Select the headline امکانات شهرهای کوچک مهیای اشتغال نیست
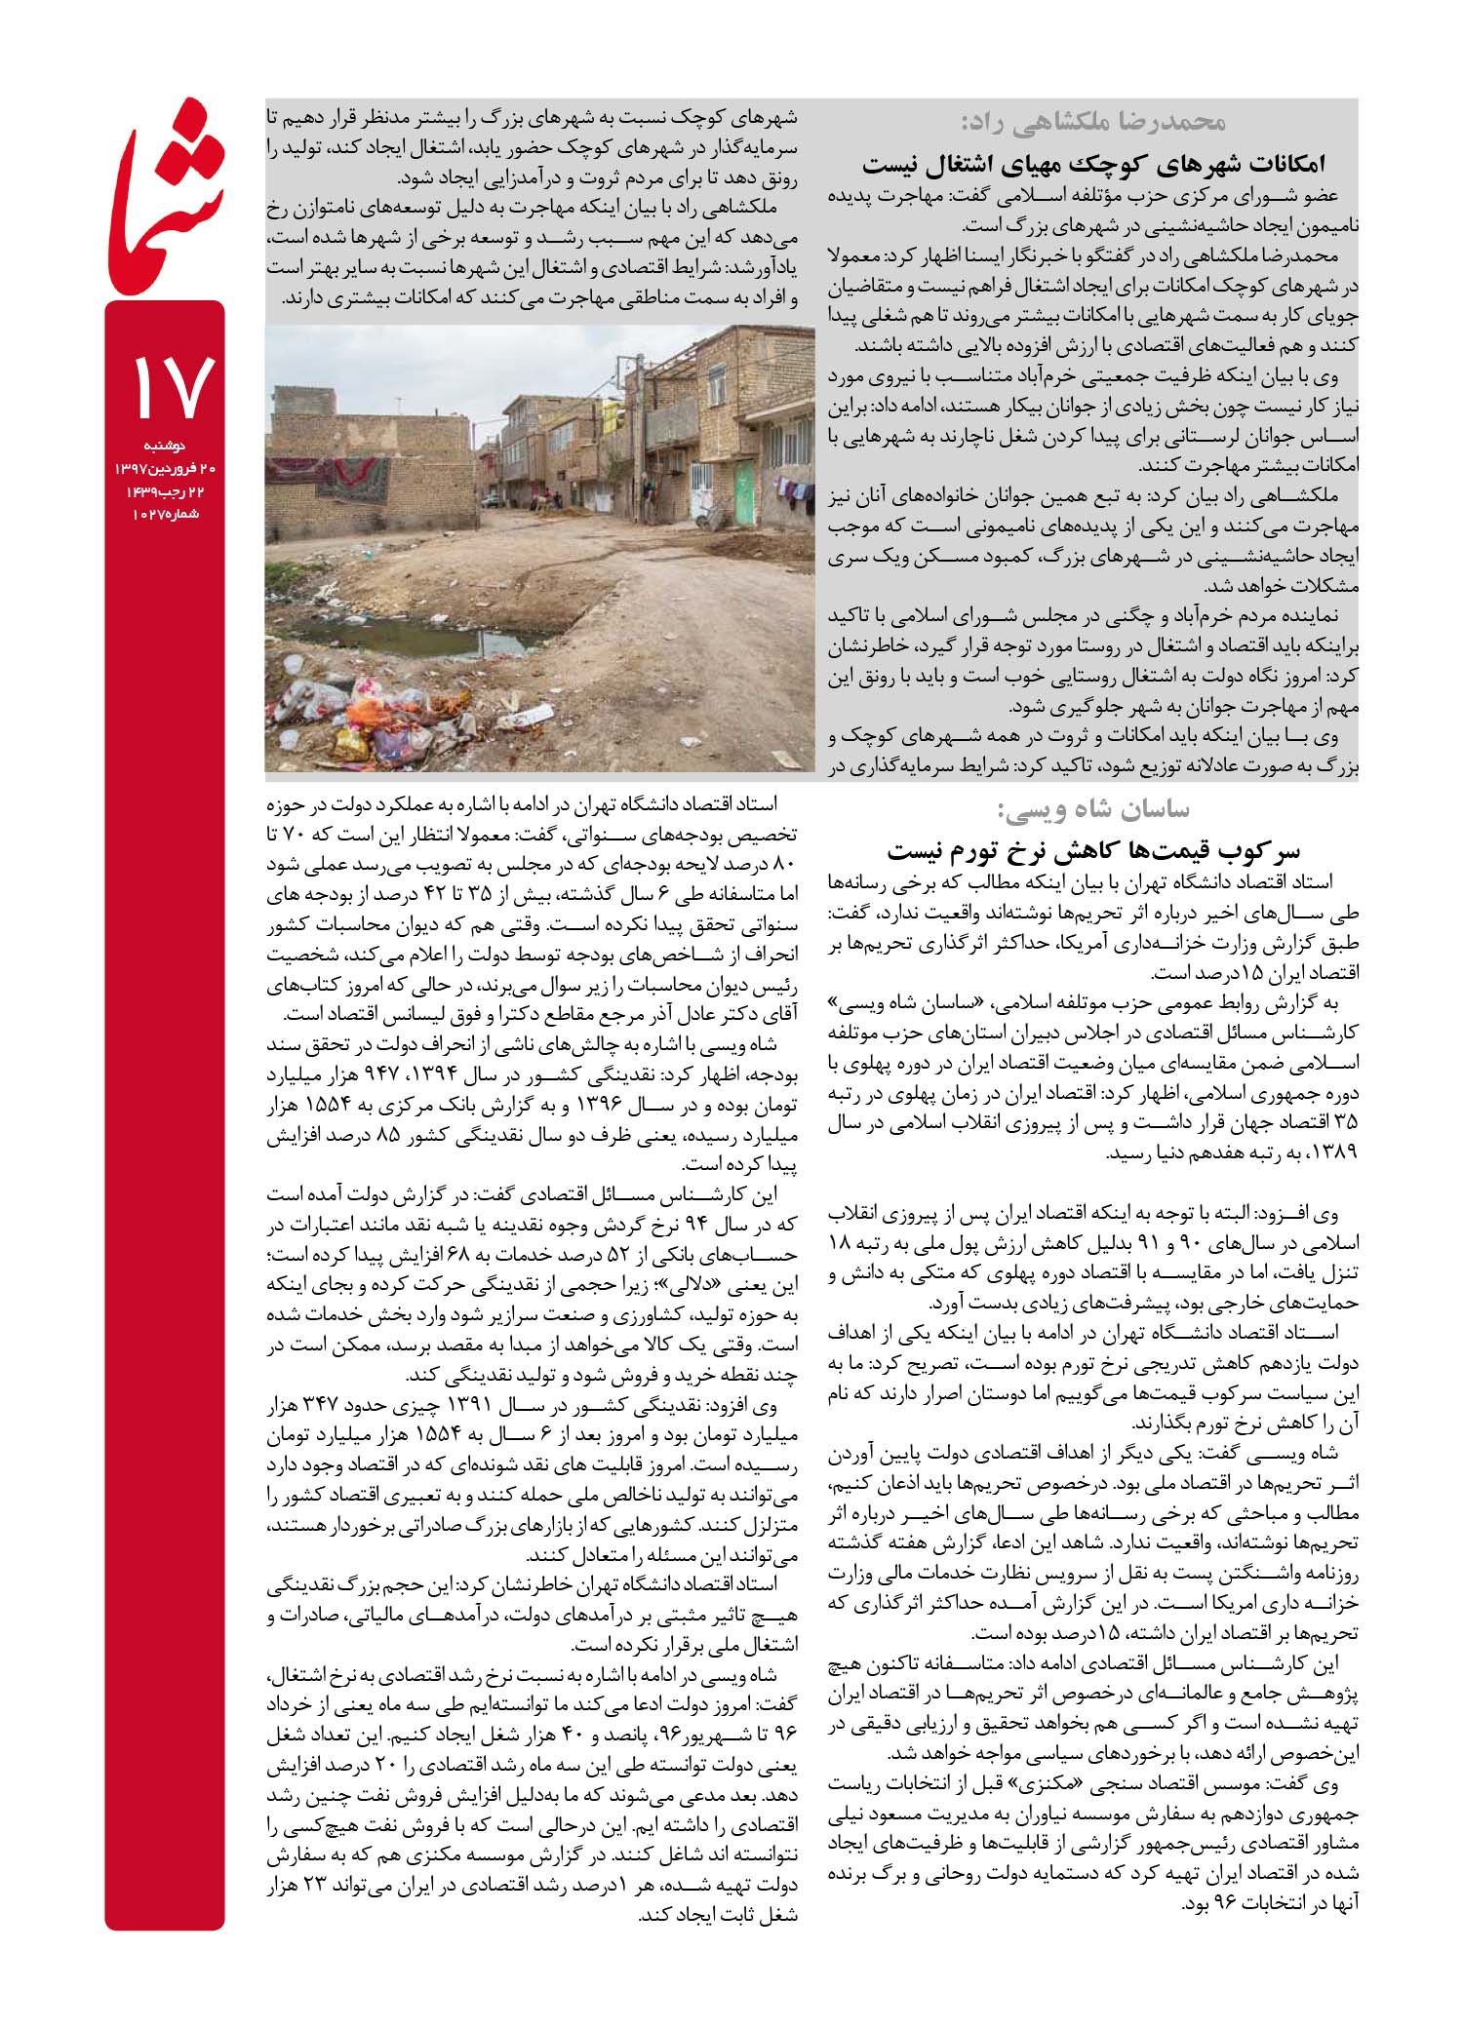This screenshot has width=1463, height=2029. coord(1093,163)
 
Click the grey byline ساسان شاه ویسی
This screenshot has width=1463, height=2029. coord(1092,809)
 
